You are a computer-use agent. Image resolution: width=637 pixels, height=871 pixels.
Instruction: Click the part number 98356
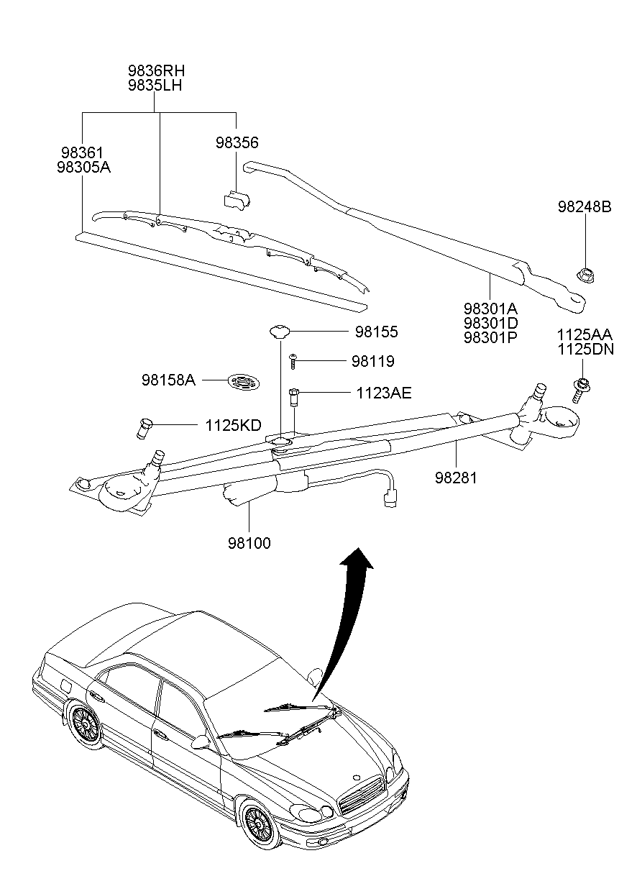click(237, 142)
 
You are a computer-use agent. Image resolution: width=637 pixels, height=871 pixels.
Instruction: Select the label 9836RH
click(156, 70)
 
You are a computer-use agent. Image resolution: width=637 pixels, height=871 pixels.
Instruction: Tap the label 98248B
click(585, 206)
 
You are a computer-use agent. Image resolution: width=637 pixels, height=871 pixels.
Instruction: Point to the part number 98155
click(376, 332)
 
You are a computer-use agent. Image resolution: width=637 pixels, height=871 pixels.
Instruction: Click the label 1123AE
click(384, 393)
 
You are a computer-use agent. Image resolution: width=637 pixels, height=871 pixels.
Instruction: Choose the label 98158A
click(168, 380)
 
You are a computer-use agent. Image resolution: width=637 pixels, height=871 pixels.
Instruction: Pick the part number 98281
click(456, 478)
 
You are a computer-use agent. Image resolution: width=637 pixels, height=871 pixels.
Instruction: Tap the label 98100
click(249, 543)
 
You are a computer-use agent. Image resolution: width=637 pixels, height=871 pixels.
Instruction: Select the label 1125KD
click(233, 425)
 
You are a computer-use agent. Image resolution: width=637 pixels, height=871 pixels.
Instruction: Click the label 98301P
click(490, 337)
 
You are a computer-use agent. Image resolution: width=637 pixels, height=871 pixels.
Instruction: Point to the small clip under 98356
click(237, 200)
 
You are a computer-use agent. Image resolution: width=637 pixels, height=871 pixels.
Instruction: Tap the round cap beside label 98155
click(280, 332)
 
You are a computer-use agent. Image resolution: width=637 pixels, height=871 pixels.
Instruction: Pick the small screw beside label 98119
click(293, 361)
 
